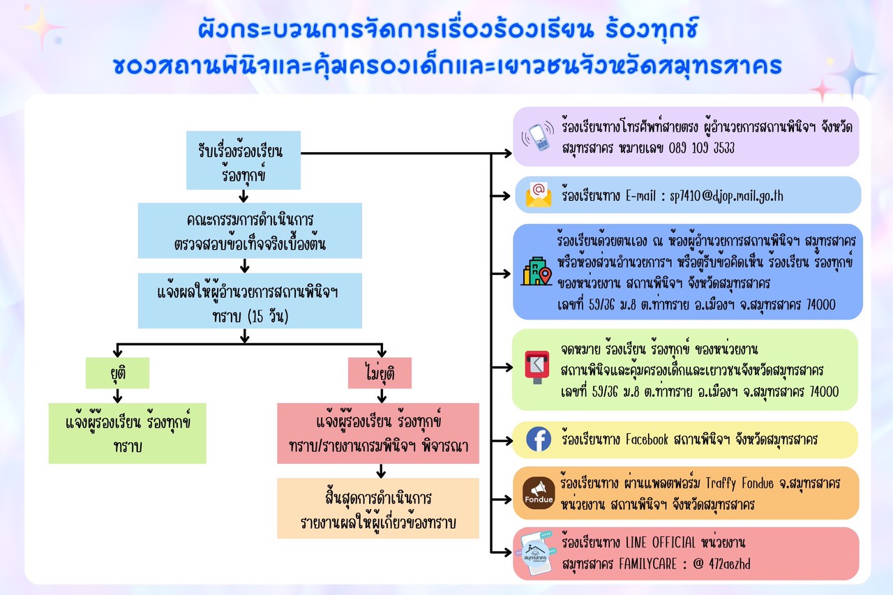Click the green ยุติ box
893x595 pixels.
[118, 372]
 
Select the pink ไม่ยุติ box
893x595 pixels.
[380, 372]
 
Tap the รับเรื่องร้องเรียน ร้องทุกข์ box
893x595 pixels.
[243, 160]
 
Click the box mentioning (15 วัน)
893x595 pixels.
[250, 301]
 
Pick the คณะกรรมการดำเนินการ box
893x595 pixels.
[250, 231]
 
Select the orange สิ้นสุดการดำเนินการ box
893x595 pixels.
[378, 509]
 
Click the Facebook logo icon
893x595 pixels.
[539, 439]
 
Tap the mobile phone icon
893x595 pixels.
[538, 137]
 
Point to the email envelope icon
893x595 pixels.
[539, 195]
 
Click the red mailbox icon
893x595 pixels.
[537, 367]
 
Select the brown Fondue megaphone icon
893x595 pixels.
[539, 493]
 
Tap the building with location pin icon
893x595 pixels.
[536, 271]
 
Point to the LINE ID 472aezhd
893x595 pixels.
[730, 564]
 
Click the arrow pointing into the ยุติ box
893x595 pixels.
[117, 350]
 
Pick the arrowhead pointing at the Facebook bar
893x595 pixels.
[508, 441]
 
